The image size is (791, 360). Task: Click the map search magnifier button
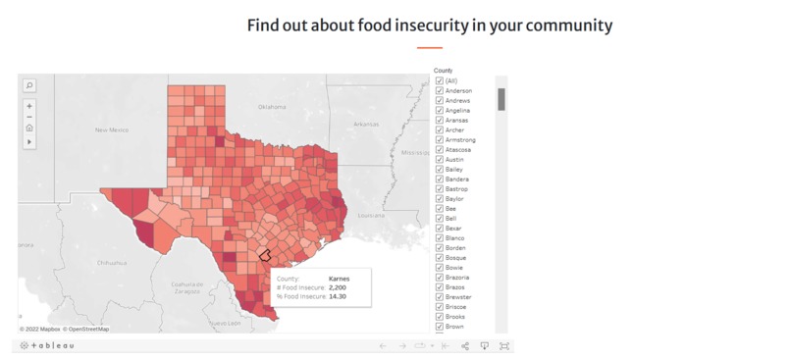29,85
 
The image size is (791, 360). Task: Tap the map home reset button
29,128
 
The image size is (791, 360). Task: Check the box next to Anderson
440,91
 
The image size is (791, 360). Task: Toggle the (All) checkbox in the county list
440,81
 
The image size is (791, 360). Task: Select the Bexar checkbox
440,229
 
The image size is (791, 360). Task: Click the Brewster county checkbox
440,297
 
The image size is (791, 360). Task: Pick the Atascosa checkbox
440,150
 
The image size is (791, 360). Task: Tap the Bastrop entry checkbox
440,189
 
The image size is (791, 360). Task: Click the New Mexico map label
112,129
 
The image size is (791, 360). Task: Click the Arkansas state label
366,124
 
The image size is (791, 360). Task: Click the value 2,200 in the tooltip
339,286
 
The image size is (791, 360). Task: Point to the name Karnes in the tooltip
339,279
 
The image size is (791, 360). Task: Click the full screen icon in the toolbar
504,346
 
